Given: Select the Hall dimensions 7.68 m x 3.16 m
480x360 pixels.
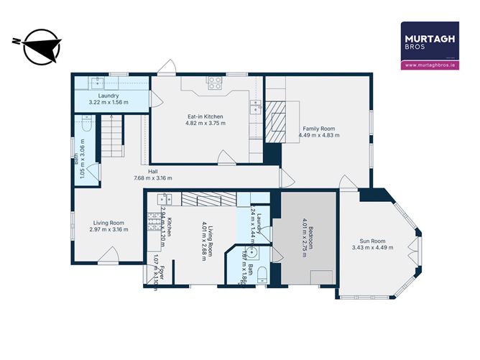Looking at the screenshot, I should (153, 178).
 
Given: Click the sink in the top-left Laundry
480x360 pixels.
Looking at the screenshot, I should (93, 83).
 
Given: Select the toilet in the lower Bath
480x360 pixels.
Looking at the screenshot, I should (262, 273).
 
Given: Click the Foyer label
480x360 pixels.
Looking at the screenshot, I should (163, 273).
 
